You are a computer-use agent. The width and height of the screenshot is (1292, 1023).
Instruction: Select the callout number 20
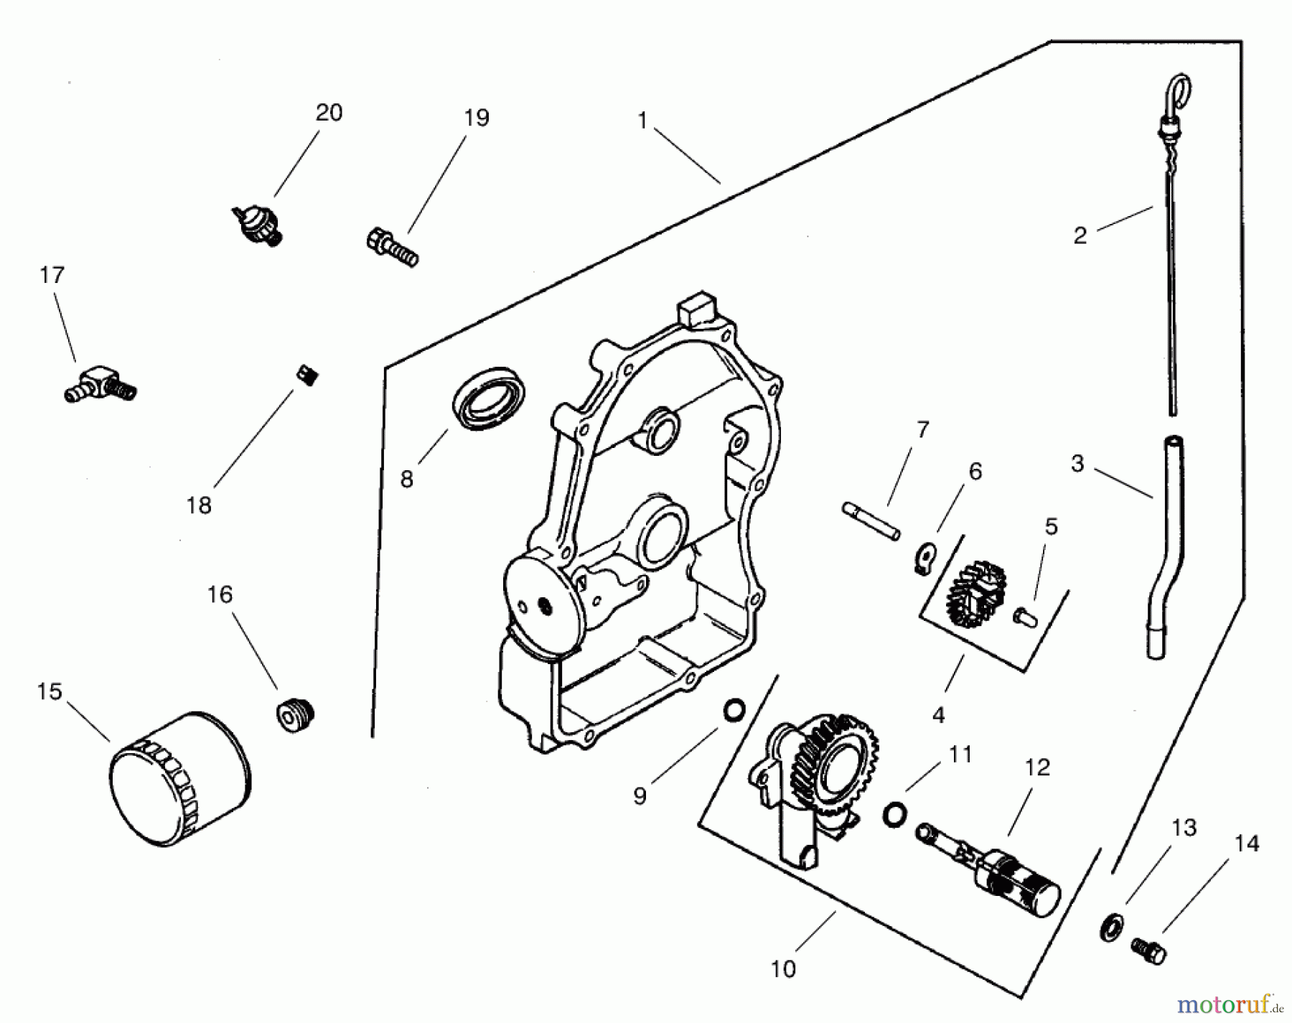(329, 113)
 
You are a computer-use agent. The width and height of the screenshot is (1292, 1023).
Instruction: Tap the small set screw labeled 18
(307, 375)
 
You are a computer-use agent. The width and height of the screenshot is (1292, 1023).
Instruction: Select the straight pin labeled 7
(870, 521)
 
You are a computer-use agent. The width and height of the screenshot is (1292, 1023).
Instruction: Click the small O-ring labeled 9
(734, 711)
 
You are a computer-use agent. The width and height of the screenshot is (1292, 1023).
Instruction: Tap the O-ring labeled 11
(894, 813)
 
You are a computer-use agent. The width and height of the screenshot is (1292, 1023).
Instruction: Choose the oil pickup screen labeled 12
(991, 870)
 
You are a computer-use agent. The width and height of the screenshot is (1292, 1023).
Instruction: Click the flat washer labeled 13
(1110, 928)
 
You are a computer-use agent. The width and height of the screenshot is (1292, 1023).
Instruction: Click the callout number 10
(783, 969)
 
